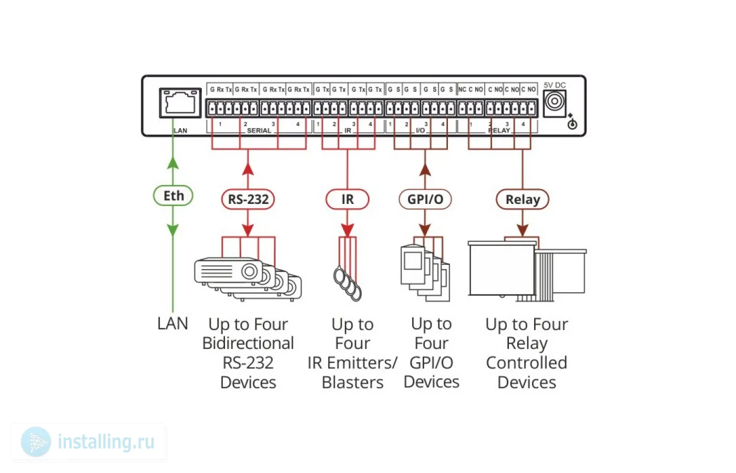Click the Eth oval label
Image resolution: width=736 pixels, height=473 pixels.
[x=173, y=196]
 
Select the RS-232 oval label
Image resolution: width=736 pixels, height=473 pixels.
[x=248, y=200]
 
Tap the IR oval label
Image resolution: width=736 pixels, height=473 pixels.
[x=347, y=200]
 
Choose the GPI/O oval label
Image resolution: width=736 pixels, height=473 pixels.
[x=425, y=200]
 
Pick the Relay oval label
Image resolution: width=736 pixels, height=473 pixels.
[x=523, y=200]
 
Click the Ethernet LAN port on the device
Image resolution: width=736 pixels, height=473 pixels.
[x=180, y=102]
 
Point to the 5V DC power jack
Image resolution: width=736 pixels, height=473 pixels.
[x=554, y=101]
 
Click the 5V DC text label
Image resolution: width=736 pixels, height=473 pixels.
[x=555, y=85]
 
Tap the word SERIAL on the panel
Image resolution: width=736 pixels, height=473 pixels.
[x=259, y=130]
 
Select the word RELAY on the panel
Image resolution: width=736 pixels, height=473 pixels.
[x=499, y=130]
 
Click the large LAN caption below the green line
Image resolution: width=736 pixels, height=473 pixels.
[x=172, y=323]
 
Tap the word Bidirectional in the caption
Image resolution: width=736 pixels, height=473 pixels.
[x=248, y=343]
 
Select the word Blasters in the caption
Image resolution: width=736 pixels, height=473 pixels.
[x=352, y=383]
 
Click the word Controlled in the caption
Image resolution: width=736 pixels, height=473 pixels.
[x=526, y=363]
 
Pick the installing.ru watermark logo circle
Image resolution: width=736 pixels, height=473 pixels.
[x=36, y=441]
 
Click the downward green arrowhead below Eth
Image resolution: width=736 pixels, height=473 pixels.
[x=173, y=230]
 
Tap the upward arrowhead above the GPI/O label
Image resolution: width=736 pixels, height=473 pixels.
[x=425, y=169]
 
